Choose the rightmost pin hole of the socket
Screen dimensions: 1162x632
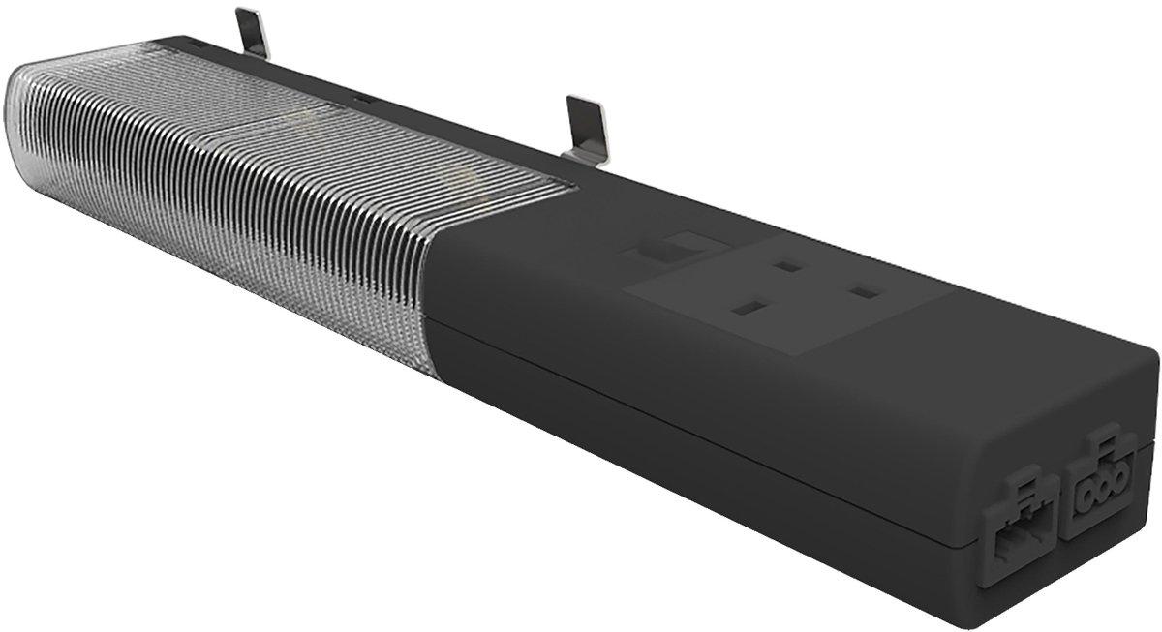865,290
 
